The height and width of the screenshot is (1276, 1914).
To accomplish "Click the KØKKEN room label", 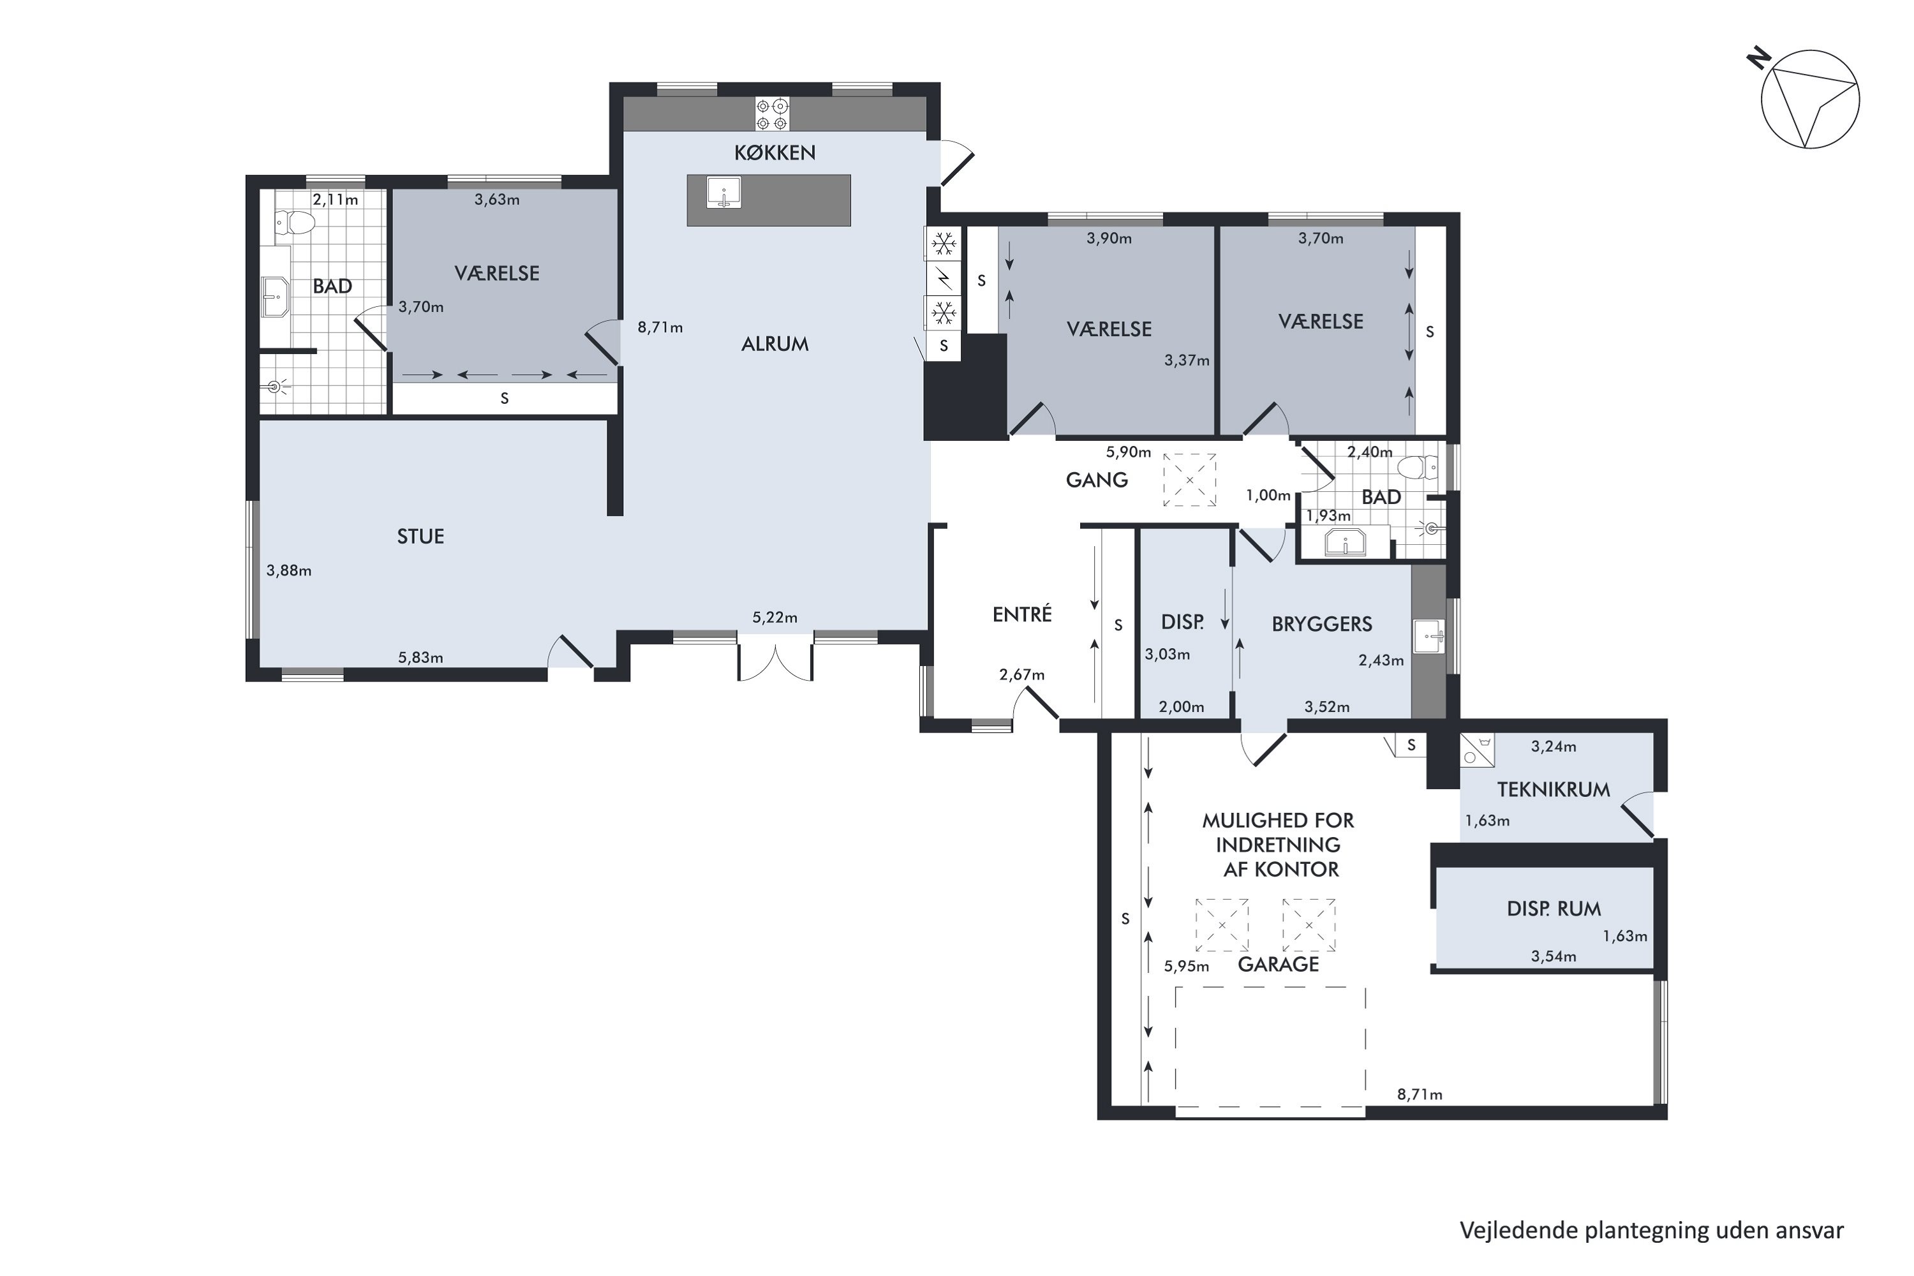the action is tap(774, 152).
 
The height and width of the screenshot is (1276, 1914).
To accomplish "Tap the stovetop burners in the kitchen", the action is tap(772, 114).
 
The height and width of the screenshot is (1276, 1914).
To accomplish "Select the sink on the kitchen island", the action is tap(723, 194).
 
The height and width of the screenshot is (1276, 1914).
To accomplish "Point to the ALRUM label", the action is tap(775, 345).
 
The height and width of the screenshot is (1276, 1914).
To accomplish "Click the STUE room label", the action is tap(420, 537).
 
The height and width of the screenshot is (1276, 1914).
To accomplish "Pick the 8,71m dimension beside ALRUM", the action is tap(660, 328).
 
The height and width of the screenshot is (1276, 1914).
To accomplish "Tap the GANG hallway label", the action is tap(1096, 480).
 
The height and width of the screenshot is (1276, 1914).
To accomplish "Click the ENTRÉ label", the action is tap(1022, 614).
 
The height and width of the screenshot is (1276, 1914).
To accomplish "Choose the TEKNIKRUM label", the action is tap(1554, 789).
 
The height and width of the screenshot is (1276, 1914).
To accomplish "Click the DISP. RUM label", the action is tap(1554, 909).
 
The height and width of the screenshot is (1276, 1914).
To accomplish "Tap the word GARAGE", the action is tap(1278, 964).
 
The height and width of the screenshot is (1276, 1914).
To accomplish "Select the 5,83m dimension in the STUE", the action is tap(420, 658).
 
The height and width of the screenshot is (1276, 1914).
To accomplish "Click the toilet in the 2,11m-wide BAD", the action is tap(295, 222).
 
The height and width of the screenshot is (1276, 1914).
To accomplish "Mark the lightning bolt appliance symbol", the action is tap(943, 278).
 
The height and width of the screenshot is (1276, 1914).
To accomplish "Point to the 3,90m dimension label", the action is tap(1109, 239).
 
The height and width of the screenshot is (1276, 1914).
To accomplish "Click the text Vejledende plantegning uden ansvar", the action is tap(1651, 1229).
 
